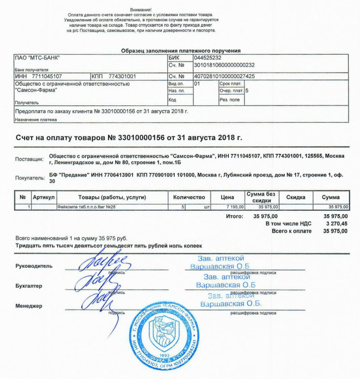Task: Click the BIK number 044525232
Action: [x=207, y=57]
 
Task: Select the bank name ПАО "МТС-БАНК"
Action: [x=38, y=57]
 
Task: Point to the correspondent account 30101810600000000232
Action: [x=224, y=65]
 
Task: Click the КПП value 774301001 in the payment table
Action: [x=122, y=76]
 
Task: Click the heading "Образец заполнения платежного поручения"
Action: [x=181, y=50]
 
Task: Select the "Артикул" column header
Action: [x=44, y=197]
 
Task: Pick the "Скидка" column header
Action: [x=295, y=197]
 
